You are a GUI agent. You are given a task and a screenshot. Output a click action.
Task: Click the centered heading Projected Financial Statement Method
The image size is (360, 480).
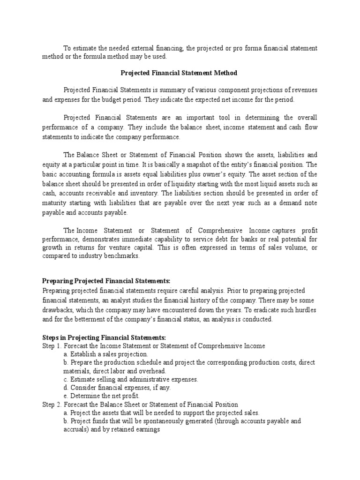tap(179, 73)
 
